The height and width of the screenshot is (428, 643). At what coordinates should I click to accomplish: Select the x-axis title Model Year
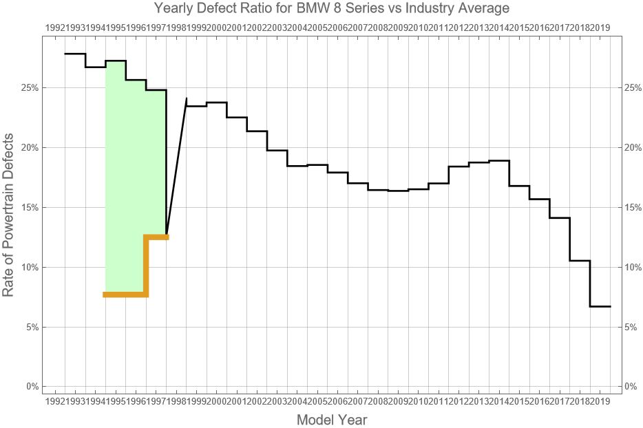tap(332, 419)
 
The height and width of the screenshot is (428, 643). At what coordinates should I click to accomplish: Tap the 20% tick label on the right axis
tap(633, 148)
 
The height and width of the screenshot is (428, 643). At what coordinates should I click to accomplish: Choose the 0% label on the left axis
tap(31, 387)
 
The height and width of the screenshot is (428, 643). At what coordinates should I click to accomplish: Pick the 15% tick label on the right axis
tap(633, 207)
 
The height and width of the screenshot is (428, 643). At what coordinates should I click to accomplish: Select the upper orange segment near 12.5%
tap(157, 237)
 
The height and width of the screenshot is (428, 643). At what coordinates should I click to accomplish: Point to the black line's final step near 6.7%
tap(600, 306)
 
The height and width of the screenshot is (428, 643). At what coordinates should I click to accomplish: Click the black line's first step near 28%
tap(75, 54)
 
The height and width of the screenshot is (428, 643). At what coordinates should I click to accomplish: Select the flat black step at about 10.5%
tap(580, 261)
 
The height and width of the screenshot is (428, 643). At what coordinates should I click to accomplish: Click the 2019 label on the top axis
tap(600, 28)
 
